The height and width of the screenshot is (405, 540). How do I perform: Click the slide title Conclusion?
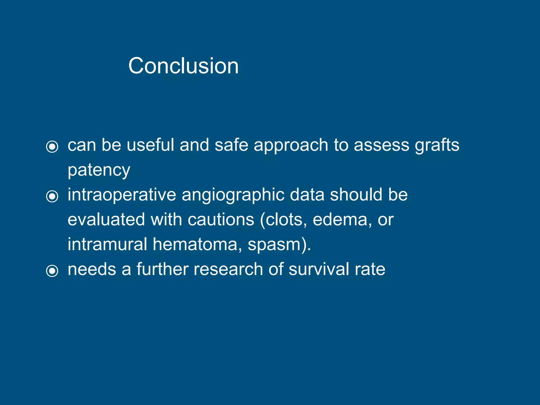[183, 66]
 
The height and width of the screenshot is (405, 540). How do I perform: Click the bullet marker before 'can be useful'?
[52, 146]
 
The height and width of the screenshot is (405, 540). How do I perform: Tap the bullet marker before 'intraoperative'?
[52, 196]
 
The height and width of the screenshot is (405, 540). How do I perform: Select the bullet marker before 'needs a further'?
[52, 271]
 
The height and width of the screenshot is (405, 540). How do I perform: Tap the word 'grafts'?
[437, 146]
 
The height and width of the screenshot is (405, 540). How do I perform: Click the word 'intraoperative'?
[122, 195]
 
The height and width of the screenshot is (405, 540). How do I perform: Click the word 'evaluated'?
[106, 220]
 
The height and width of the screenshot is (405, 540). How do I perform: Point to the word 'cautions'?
[221, 220]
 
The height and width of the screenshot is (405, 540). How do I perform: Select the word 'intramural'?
[107, 244]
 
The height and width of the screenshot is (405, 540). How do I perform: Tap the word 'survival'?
[319, 269]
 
